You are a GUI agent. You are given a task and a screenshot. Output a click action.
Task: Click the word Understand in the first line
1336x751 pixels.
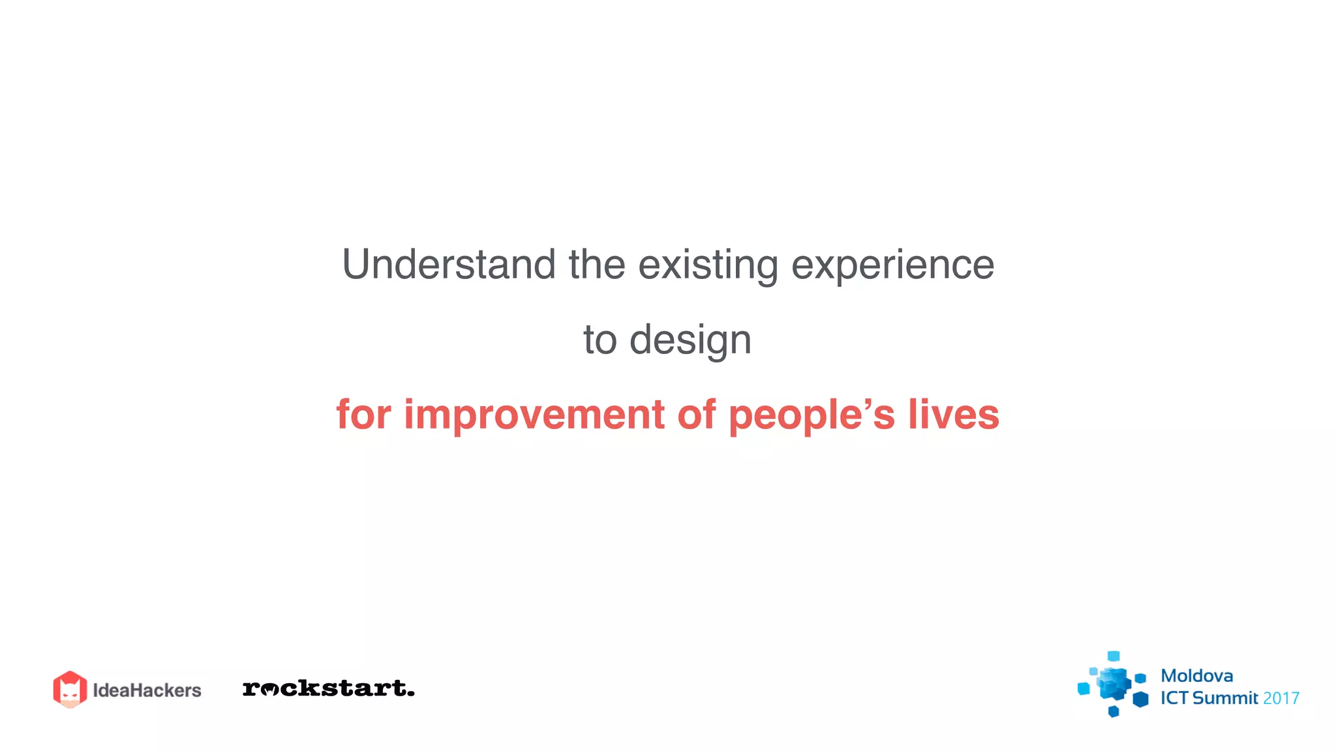coord(449,265)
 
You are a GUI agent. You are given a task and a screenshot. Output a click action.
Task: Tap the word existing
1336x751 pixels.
coord(708,266)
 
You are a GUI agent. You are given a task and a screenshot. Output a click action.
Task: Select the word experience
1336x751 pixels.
coord(892,266)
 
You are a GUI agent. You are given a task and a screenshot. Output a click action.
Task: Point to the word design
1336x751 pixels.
coord(690,341)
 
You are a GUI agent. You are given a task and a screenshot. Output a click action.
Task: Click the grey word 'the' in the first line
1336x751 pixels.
coord(597,265)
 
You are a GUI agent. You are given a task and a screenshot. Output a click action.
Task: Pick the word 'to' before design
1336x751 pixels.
coord(600,340)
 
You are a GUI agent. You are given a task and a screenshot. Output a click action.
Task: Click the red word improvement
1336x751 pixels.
coord(534,415)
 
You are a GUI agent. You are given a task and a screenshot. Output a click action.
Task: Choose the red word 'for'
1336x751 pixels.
coord(363,415)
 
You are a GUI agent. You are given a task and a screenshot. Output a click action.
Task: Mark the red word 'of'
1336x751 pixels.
coord(697,415)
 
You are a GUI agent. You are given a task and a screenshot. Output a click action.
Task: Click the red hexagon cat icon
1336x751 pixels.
coord(70,689)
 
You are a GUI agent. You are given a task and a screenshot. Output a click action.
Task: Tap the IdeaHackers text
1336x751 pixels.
coord(147,690)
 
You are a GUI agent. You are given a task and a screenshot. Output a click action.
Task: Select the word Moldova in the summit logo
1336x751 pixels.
coord(1196,676)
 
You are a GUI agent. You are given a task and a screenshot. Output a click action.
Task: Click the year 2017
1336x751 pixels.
coord(1281,698)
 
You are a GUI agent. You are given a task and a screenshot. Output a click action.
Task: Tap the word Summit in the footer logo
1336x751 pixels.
coord(1225,698)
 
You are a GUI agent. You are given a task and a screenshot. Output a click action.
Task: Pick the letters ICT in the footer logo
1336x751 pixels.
coord(1174,698)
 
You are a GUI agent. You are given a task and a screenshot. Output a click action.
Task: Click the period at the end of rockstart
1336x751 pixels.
coord(410,693)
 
